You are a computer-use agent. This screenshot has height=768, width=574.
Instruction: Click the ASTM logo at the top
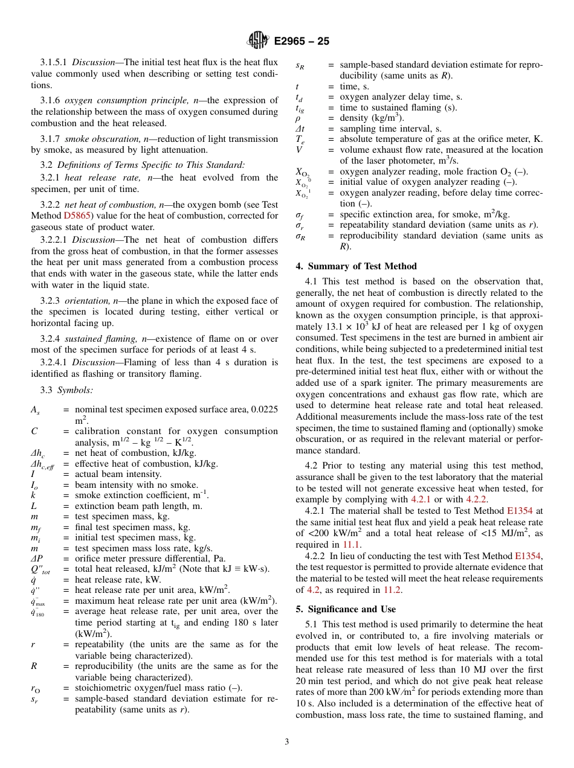pyautogui.click(x=258, y=41)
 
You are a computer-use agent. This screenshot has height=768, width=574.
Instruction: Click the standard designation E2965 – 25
pyautogui.click(x=302, y=42)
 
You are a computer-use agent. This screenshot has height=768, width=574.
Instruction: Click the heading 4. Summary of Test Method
pyautogui.click(x=356, y=266)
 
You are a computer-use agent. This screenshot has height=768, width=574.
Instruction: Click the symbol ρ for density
pyautogui.click(x=298, y=118)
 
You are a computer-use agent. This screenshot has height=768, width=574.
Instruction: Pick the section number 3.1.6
pyautogui.click(x=50, y=100)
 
